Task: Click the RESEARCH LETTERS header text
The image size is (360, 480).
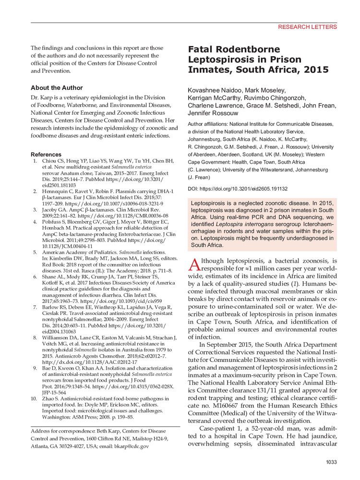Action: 307,27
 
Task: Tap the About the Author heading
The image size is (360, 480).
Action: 57,88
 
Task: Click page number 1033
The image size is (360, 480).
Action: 330,462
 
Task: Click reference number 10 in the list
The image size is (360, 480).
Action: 33,398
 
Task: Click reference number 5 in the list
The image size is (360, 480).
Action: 34,252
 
